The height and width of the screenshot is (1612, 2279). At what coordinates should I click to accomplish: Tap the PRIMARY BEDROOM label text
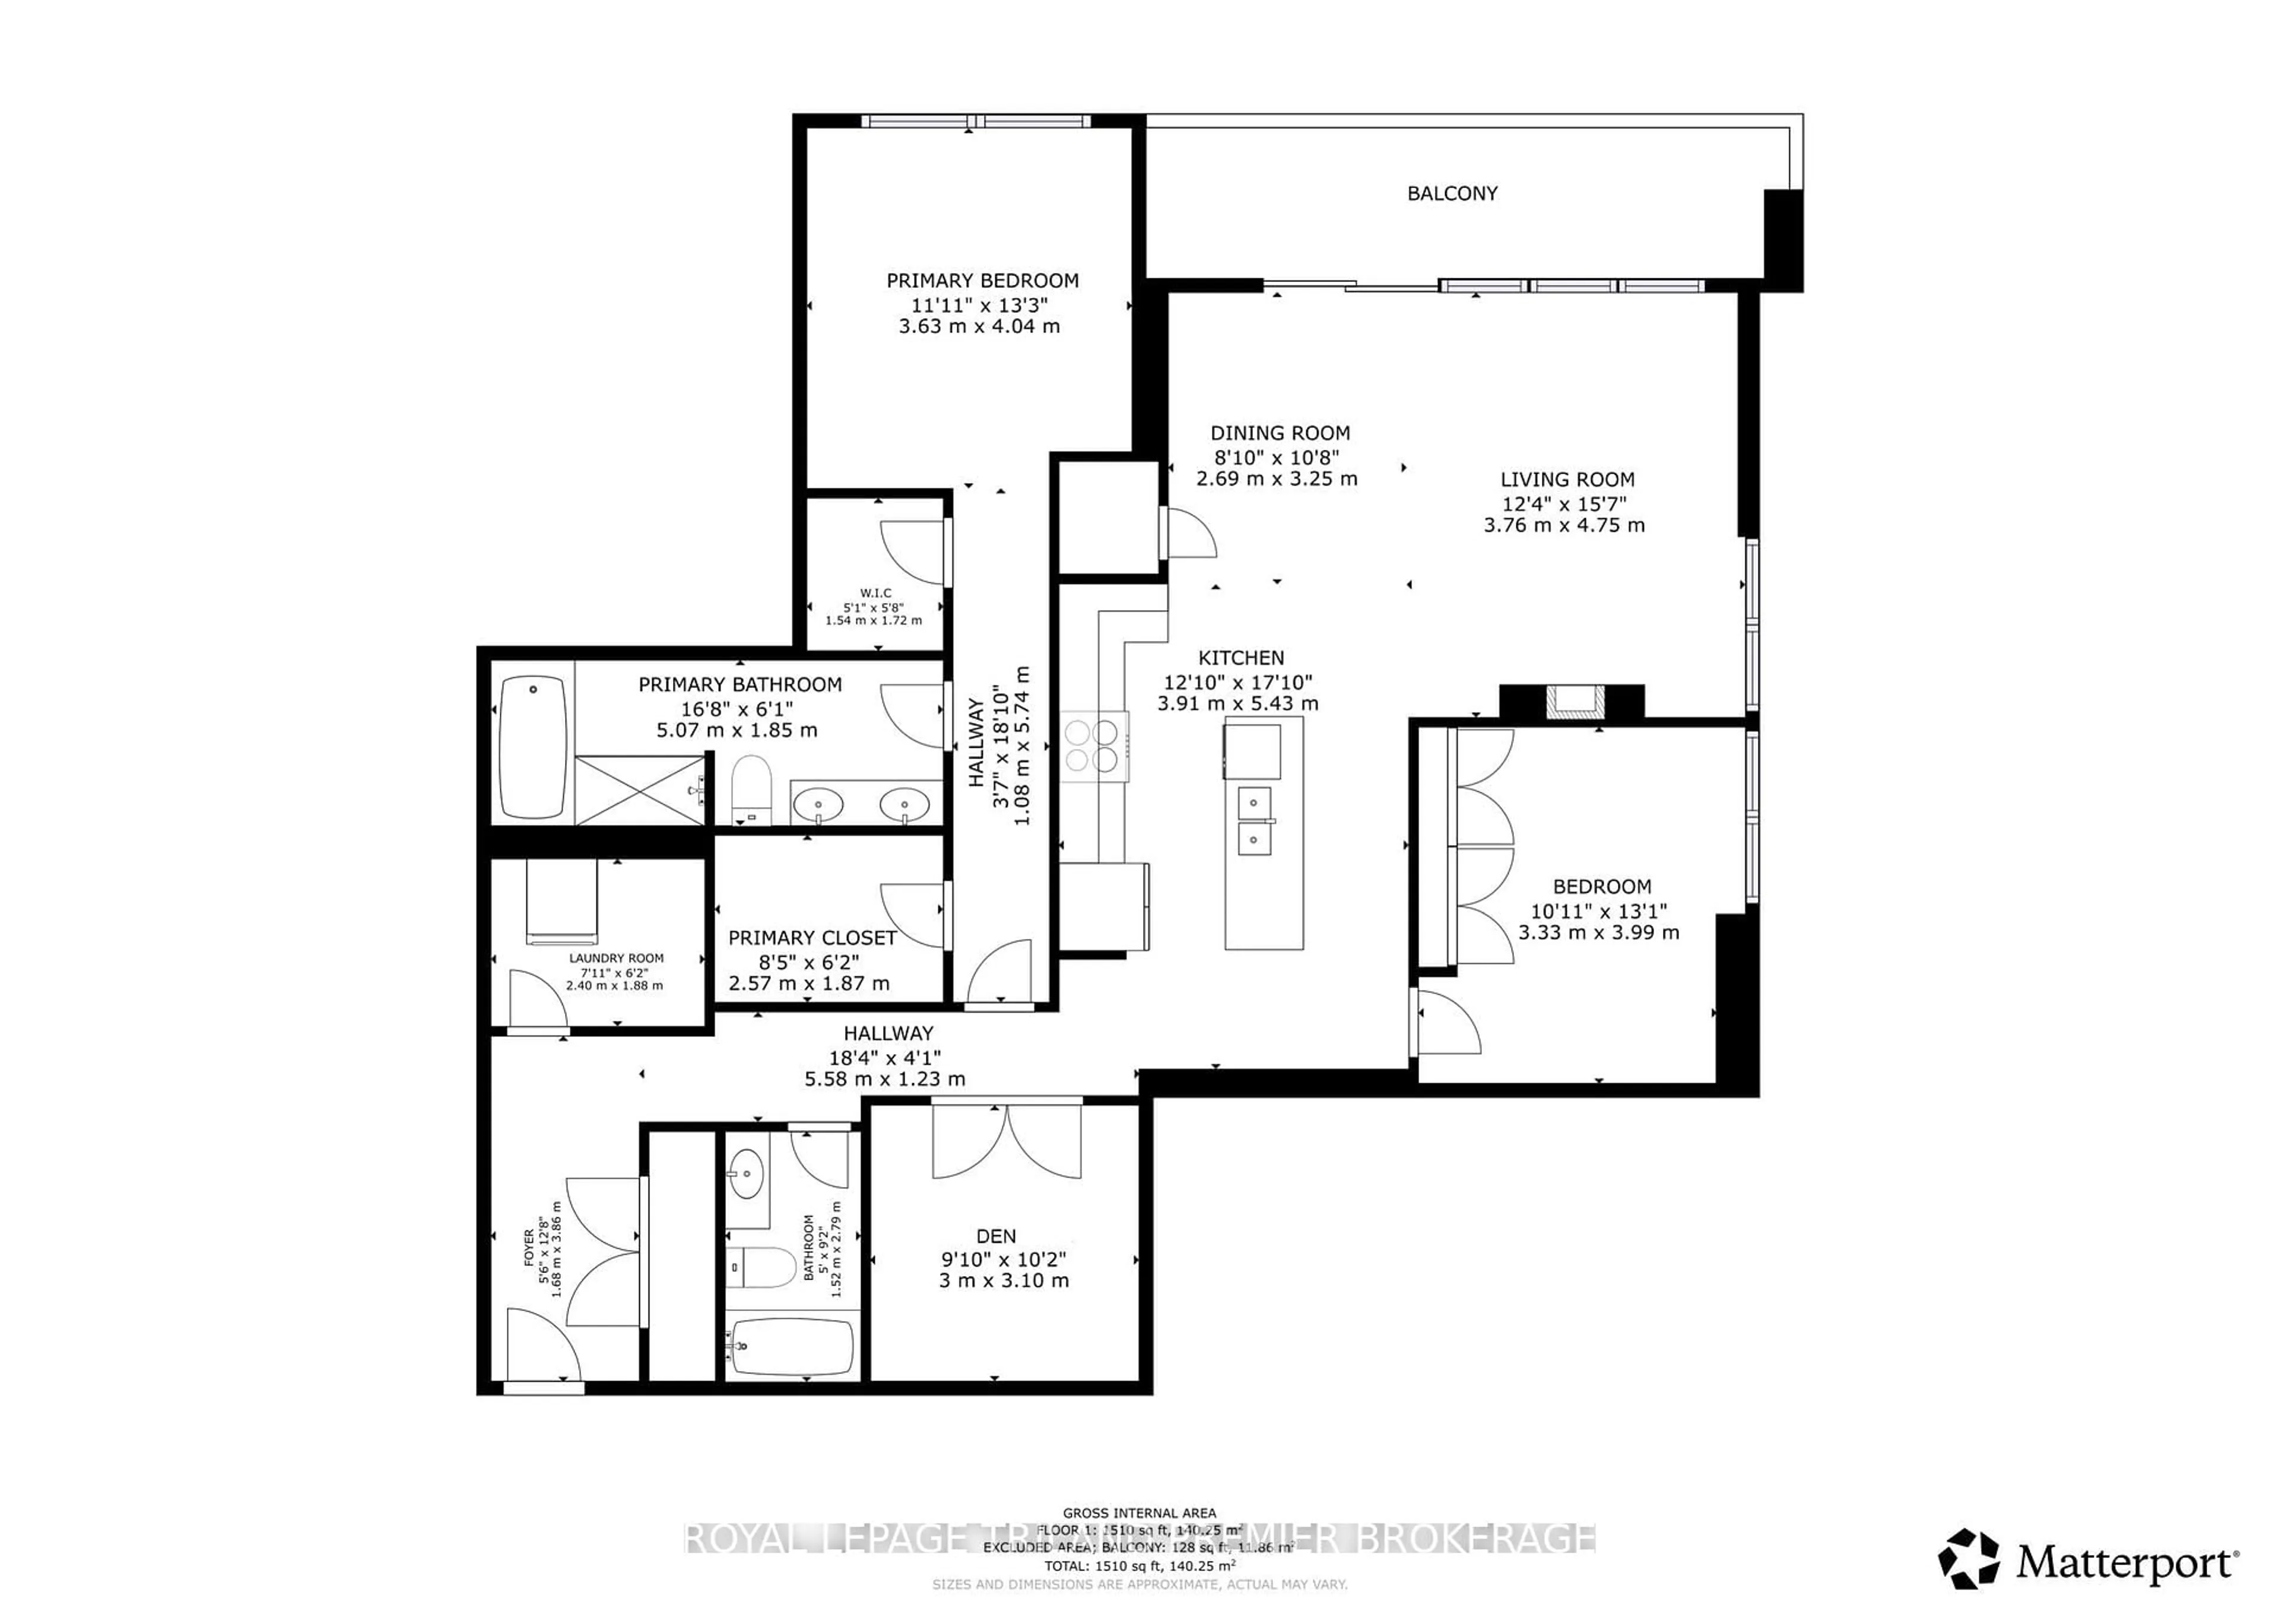tap(982, 281)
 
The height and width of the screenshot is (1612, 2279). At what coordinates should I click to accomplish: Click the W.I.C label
tap(875, 592)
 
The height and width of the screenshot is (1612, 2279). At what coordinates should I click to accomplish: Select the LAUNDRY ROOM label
tap(617, 958)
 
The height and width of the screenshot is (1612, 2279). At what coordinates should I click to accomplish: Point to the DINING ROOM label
tap(1280, 433)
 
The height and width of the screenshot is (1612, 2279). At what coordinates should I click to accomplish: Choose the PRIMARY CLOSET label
tap(812, 938)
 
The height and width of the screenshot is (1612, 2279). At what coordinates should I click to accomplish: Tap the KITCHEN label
tap(1241, 658)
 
